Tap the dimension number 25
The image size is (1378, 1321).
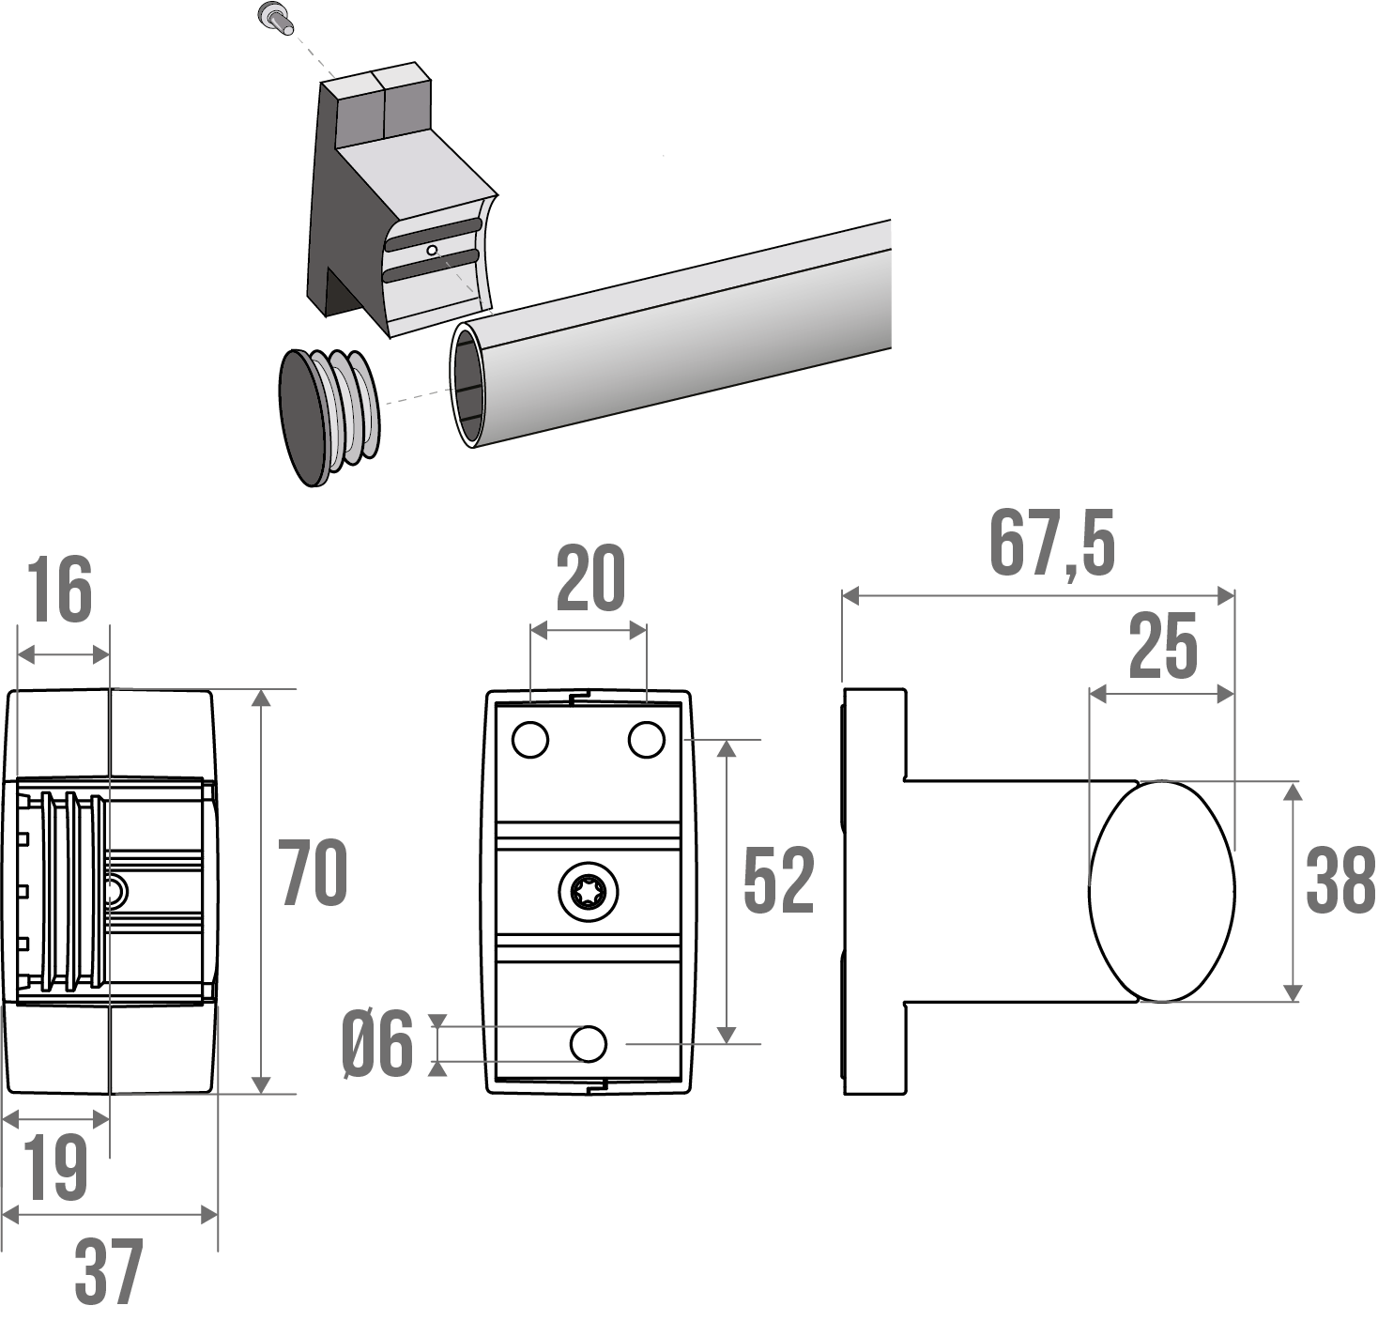click(x=1163, y=647)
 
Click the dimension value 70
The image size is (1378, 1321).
click(x=314, y=873)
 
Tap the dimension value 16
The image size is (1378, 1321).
click(x=60, y=591)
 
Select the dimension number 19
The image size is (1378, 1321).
click(x=55, y=1167)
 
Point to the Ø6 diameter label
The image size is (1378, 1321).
click(x=377, y=1045)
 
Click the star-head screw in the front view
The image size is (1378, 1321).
click(x=589, y=891)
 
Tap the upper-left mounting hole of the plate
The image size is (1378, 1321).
click(x=530, y=740)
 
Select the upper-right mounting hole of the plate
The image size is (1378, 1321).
click(x=647, y=740)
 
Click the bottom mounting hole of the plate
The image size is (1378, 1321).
click(x=589, y=1044)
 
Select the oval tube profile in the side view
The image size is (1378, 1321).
click(x=1162, y=891)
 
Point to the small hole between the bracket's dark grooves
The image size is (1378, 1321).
click(x=431, y=250)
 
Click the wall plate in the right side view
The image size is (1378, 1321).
click(x=875, y=891)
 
